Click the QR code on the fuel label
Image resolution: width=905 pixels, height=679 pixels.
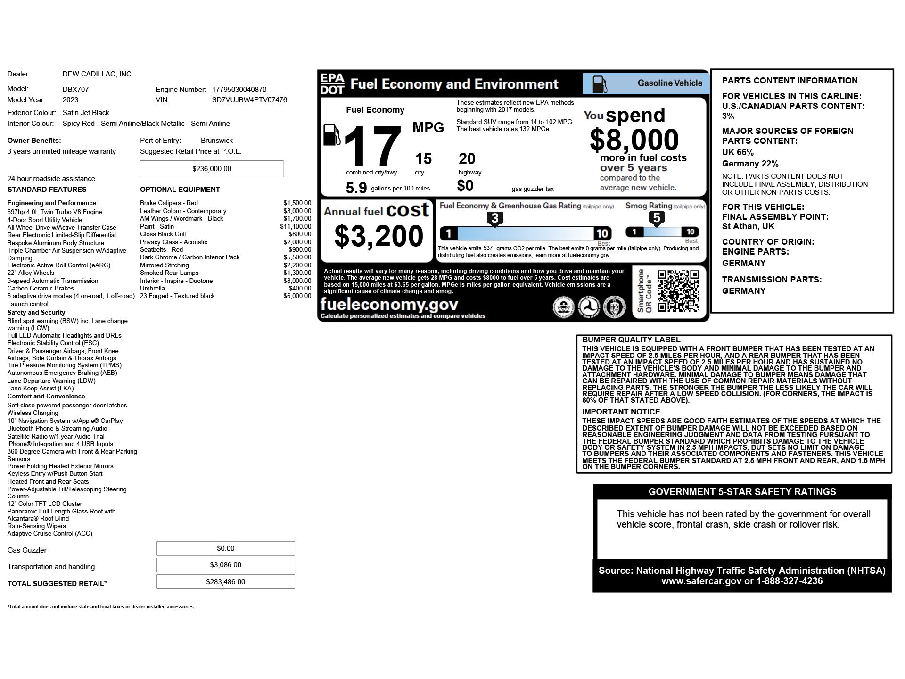coord(678,291)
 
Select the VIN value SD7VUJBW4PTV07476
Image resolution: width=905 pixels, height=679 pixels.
coord(249,100)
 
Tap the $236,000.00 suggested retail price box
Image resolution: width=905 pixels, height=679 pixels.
coord(212,169)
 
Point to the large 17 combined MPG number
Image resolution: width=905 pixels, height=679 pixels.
coord(372,147)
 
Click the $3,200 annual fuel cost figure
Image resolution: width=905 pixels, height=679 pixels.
coord(378,236)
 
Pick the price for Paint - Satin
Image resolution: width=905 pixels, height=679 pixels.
coord(296,227)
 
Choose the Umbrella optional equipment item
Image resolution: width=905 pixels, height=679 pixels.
coord(152,289)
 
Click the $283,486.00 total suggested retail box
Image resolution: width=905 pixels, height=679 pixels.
coord(225,582)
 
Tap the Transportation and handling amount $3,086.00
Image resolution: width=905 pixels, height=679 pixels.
coord(225,565)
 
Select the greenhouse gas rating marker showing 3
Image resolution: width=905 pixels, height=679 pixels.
coord(494,219)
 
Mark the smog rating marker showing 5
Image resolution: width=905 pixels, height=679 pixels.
coord(657,218)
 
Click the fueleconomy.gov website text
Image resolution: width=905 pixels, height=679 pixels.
coord(389,304)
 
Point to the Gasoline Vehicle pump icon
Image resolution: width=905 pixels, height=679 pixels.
coord(599,84)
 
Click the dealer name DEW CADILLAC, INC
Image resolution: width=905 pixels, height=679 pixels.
coord(97,74)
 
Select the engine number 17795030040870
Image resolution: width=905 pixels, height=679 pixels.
coord(239,90)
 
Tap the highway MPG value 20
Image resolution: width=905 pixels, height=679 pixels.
coord(467,159)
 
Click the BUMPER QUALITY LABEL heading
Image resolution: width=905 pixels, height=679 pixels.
coord(631,340)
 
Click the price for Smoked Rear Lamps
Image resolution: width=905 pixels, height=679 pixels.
coord(297,273)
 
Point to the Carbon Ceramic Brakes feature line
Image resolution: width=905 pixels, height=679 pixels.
coord(41,289)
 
